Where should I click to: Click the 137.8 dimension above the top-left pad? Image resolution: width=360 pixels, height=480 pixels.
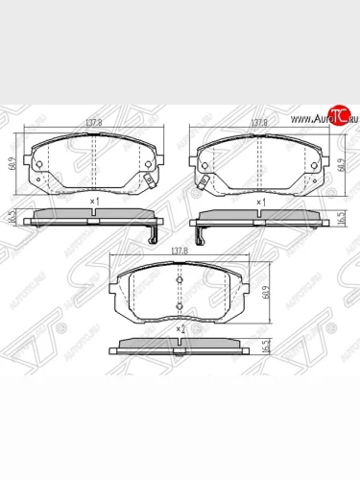click(93, 124)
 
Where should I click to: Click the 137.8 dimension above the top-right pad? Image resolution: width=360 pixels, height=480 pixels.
click(258, 124)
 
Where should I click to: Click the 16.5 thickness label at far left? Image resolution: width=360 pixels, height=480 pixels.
click(12, 218)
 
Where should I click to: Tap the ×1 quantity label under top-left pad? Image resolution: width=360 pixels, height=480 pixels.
click(94, 202)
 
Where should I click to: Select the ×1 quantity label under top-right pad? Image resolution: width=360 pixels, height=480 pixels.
click(259, 203)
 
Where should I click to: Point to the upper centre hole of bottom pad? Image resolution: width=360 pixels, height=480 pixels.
click(179, 276)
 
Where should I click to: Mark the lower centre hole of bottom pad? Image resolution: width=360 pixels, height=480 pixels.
click(179, 307)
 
